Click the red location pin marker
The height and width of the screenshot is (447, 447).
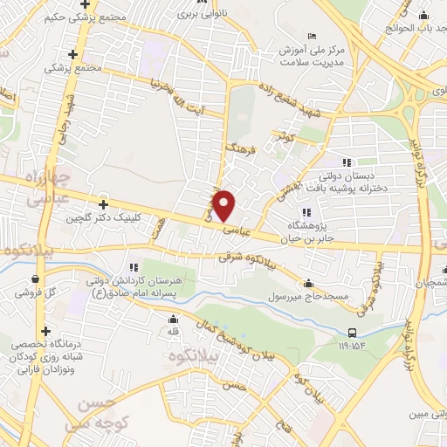[x=224, y=204]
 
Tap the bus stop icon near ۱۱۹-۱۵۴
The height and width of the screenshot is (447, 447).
[x=352, y=333]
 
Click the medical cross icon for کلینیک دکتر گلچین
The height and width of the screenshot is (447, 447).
[x=105, y=203]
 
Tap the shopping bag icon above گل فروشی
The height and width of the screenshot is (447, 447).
[x=34, y=279]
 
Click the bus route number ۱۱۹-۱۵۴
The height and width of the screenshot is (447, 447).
[x=352, y=346]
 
